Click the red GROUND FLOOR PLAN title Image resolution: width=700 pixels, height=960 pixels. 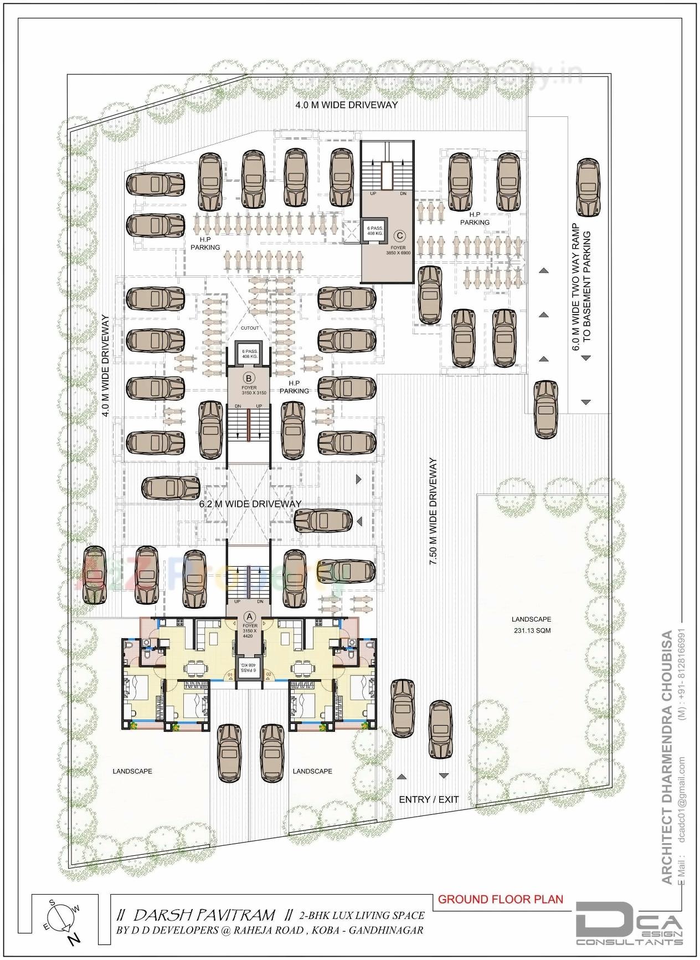500,899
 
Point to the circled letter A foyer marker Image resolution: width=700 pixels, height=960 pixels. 249,616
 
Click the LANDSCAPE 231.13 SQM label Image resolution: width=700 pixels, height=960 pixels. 531,625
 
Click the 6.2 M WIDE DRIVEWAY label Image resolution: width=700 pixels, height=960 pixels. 250,504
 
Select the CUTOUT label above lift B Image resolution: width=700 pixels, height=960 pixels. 250,328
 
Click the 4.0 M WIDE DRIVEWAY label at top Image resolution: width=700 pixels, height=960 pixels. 346,104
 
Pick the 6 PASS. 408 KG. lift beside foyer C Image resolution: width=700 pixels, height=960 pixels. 374,231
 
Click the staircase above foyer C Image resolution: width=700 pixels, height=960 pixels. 388,166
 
